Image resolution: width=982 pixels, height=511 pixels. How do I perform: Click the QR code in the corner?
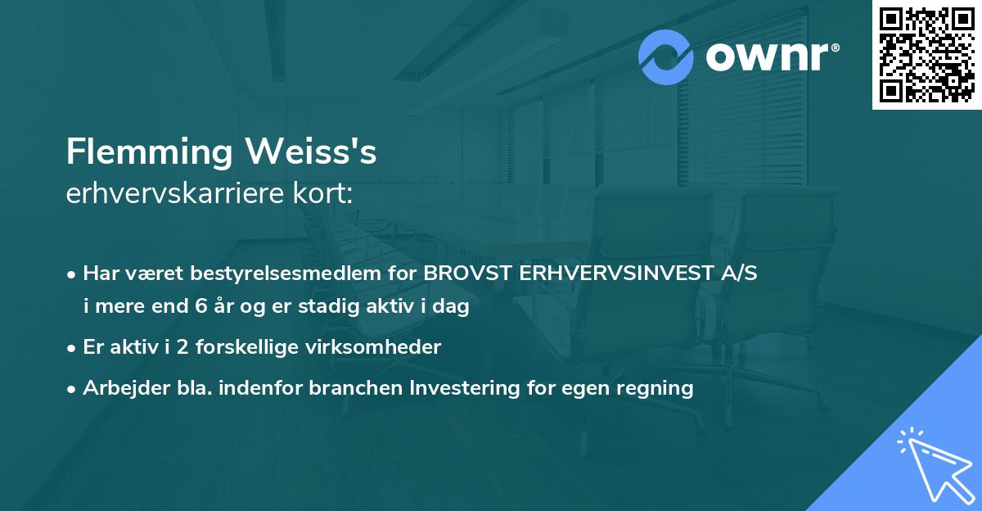pos(927,55)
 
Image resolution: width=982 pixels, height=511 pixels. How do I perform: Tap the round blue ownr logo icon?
pos(666,57)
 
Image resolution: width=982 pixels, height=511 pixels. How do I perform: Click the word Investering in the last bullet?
pos(469,388)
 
